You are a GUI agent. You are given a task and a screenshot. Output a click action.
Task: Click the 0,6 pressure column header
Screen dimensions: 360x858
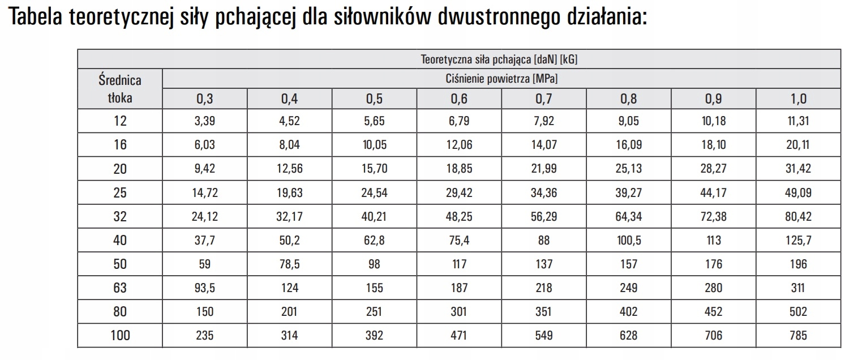[x=459, y=98]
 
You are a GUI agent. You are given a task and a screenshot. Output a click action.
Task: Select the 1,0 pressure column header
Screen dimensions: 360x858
[x=798, y=98]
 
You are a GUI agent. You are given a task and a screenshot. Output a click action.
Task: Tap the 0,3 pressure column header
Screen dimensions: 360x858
[x=205, y=98]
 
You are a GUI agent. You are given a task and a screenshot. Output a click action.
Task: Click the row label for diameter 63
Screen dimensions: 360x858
[x=120, y=288]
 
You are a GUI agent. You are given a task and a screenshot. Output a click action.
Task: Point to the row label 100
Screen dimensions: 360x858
[x=120, y=335]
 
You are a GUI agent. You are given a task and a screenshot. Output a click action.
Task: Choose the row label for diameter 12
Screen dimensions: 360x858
[x=120, y=121]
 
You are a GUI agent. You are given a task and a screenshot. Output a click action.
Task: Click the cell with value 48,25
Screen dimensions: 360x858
[x=459, y=216]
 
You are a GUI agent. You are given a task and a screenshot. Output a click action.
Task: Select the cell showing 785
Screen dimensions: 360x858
[x=798, y=335]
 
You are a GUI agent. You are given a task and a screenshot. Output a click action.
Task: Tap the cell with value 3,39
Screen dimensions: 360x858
[x=205, y=121]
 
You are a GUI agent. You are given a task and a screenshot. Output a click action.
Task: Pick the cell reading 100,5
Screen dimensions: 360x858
[x=628, y=240]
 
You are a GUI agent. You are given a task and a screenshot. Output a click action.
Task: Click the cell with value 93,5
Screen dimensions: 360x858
[x=205, y=288]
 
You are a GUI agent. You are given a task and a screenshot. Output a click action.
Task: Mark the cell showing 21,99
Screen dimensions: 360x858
[x=544, y=169]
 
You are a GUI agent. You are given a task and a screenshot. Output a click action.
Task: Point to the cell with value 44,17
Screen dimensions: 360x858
[x=713, y=192]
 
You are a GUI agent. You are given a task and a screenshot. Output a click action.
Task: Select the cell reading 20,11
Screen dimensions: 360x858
[x=798, y=144]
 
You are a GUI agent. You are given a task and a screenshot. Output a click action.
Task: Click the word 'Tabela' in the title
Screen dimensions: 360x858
[x=38, y=18]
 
